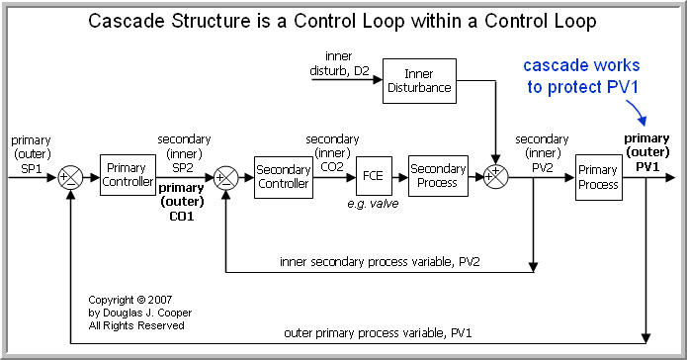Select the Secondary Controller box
(x=283, y=175)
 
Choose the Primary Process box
(x=598, y=175)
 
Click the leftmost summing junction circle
(x=69, y=177)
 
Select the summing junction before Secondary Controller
(x=225, y=177)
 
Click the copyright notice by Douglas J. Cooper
(x=135, y=312)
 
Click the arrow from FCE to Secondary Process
(x=400, y=176)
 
